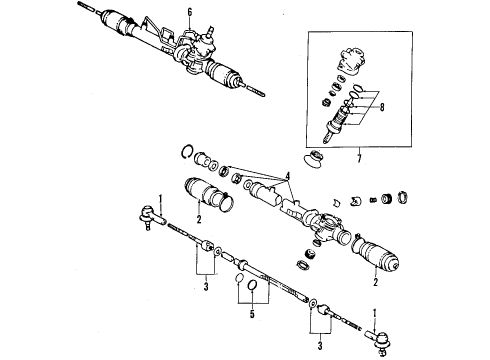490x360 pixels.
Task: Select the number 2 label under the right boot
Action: (376, 283)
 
